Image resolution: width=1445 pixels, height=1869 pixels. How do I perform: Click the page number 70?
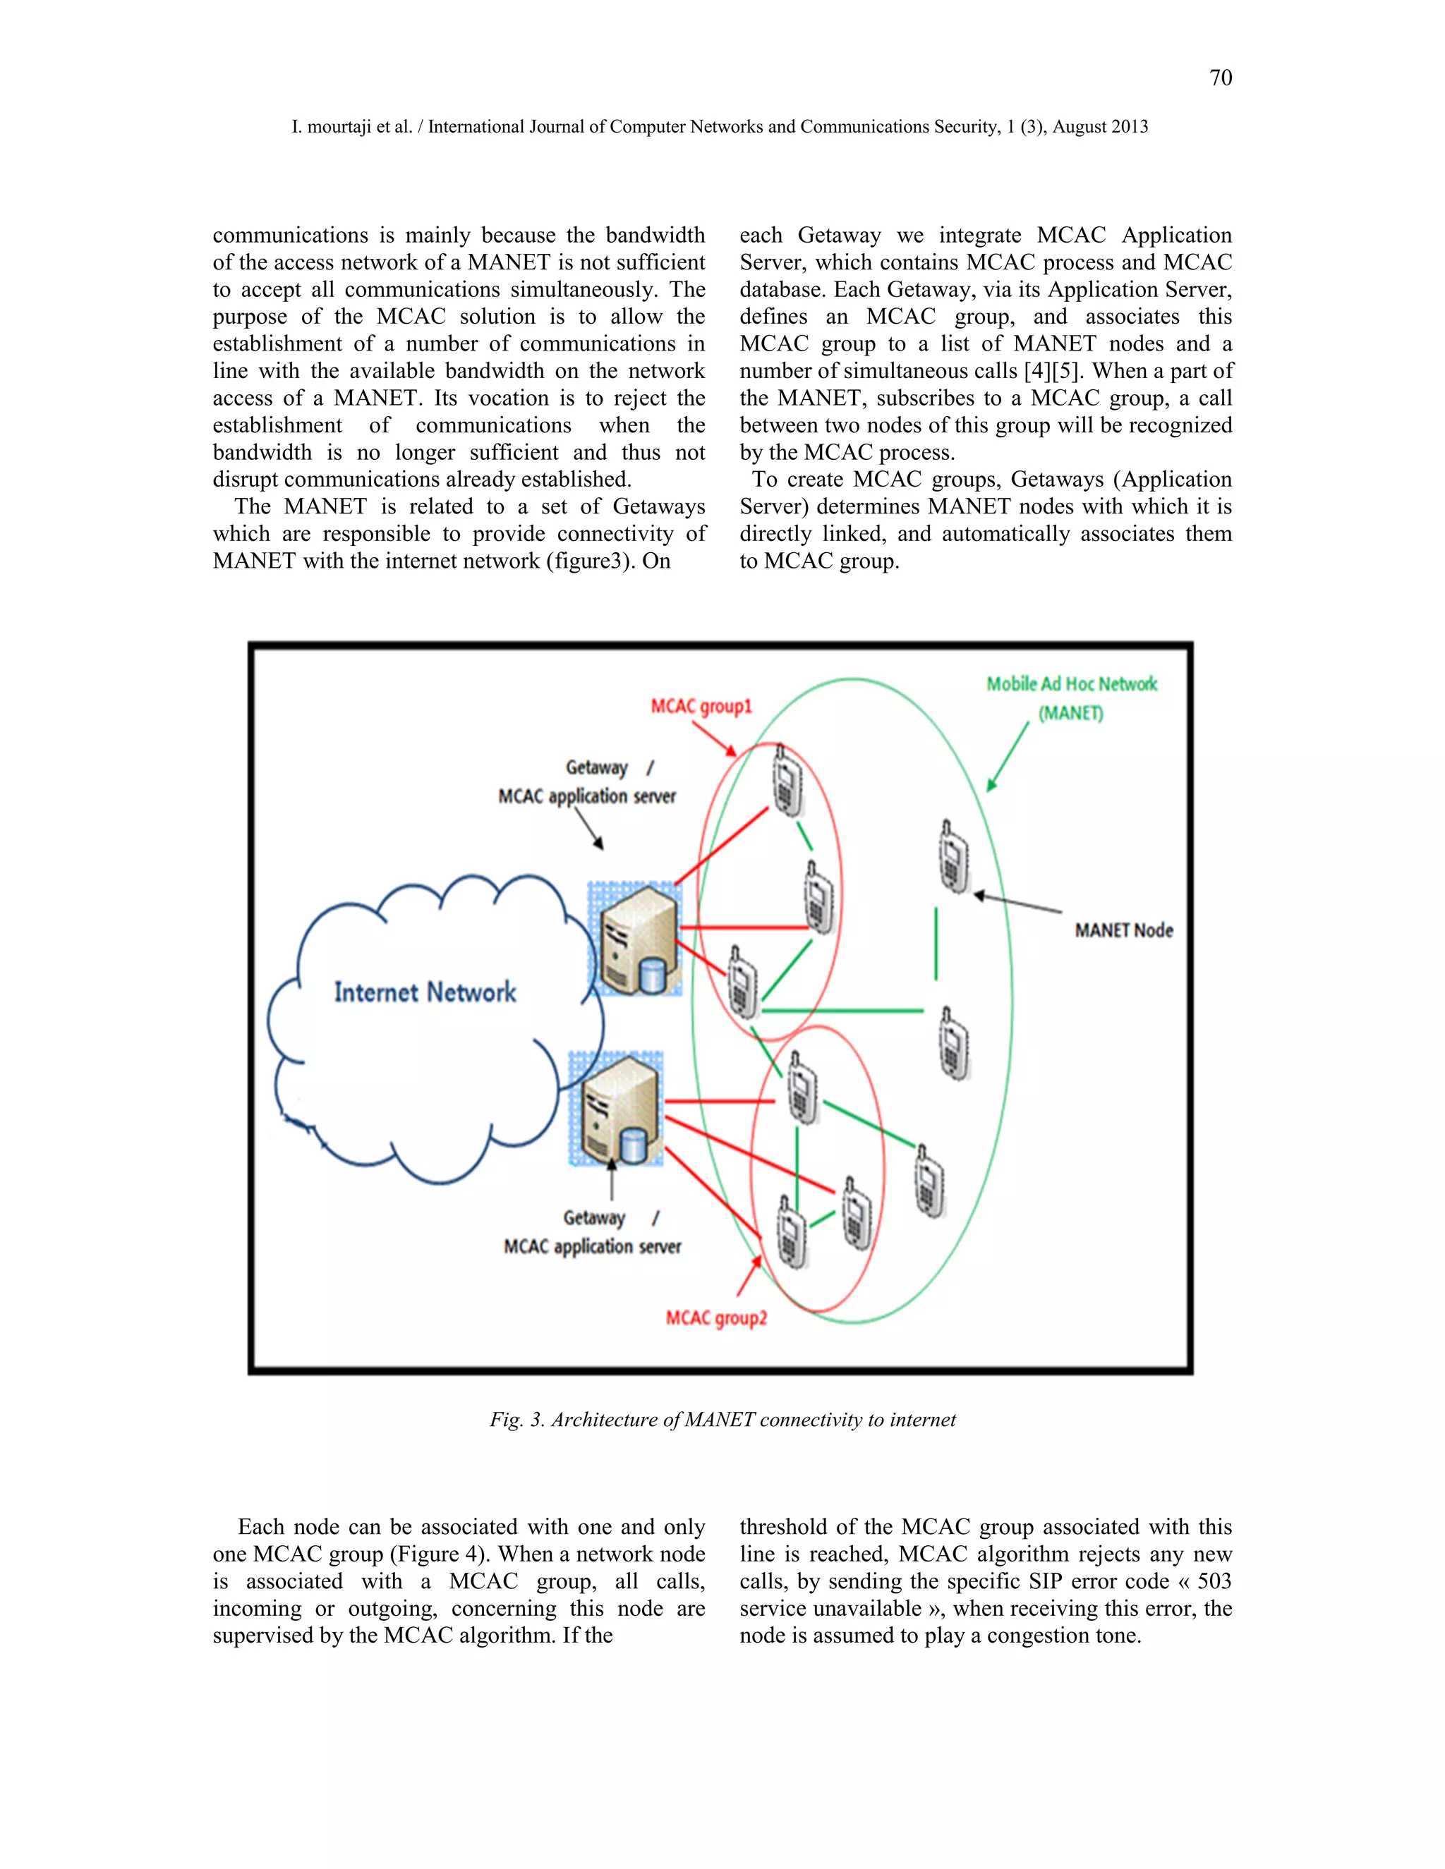tap(1220, 78)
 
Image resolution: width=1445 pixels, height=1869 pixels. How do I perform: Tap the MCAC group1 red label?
tap(701, 706)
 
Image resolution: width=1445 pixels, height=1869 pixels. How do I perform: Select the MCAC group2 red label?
tap(717, 1318)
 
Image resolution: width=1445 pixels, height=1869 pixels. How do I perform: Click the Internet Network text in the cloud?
tap(425, 993)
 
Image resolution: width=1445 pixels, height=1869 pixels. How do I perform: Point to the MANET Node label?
tap(1123, 930)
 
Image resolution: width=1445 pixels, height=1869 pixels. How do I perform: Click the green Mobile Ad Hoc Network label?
tap(1071, 685)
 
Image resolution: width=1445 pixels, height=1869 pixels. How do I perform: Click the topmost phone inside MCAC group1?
tap(786, 781)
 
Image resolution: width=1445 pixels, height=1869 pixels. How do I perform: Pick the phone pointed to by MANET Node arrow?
tap(953, 856)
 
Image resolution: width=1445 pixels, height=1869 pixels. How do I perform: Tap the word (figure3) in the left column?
tap(590, 561)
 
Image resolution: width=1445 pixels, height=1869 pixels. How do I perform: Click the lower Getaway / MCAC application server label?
tap(593, 1232)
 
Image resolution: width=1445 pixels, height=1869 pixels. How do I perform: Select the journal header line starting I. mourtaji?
tap(719, 127)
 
